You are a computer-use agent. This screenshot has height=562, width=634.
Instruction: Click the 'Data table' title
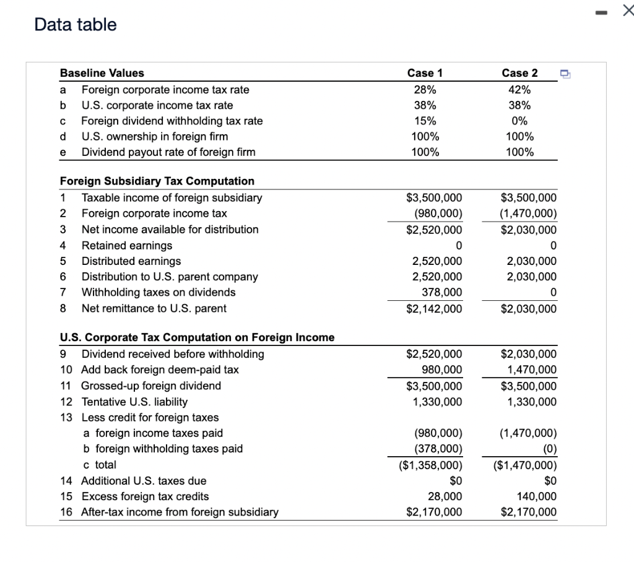[76, 25]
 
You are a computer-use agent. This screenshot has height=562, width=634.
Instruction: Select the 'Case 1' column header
[425, 73]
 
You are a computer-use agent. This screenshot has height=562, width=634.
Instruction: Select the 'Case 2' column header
[519, 73]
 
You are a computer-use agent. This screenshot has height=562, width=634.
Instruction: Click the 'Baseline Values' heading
[102, 73]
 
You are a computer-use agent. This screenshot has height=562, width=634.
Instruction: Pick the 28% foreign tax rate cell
[425, 90]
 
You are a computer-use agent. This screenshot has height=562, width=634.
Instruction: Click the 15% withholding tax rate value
[425, 121]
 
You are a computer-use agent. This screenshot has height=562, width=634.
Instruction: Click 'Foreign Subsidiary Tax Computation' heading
[157, 181]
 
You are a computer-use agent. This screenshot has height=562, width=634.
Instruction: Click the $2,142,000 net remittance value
[434, 309]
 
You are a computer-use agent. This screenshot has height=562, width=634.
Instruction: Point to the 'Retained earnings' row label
[127, 245]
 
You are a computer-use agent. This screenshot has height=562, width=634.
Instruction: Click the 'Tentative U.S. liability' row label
[134, 402]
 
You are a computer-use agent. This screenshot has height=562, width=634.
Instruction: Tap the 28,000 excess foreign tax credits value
[445, 496]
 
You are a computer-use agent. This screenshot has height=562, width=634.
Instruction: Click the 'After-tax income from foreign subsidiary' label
[180, 512]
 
